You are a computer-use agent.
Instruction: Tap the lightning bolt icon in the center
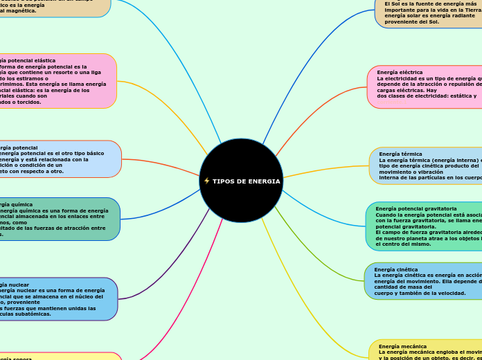[x=206, y=181]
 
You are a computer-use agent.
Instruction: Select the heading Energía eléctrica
[x=400, y=72]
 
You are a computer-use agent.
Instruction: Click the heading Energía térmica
[x=400, y=154]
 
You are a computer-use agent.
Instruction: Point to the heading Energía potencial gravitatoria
[x=416, y=208]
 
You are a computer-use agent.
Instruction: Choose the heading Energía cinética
[x=395, y=269]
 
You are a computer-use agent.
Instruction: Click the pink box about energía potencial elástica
[x=55, y=81]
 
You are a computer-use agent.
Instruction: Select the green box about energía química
[x=59, y=219]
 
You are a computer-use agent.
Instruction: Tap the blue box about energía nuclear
[x=59, y=299]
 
